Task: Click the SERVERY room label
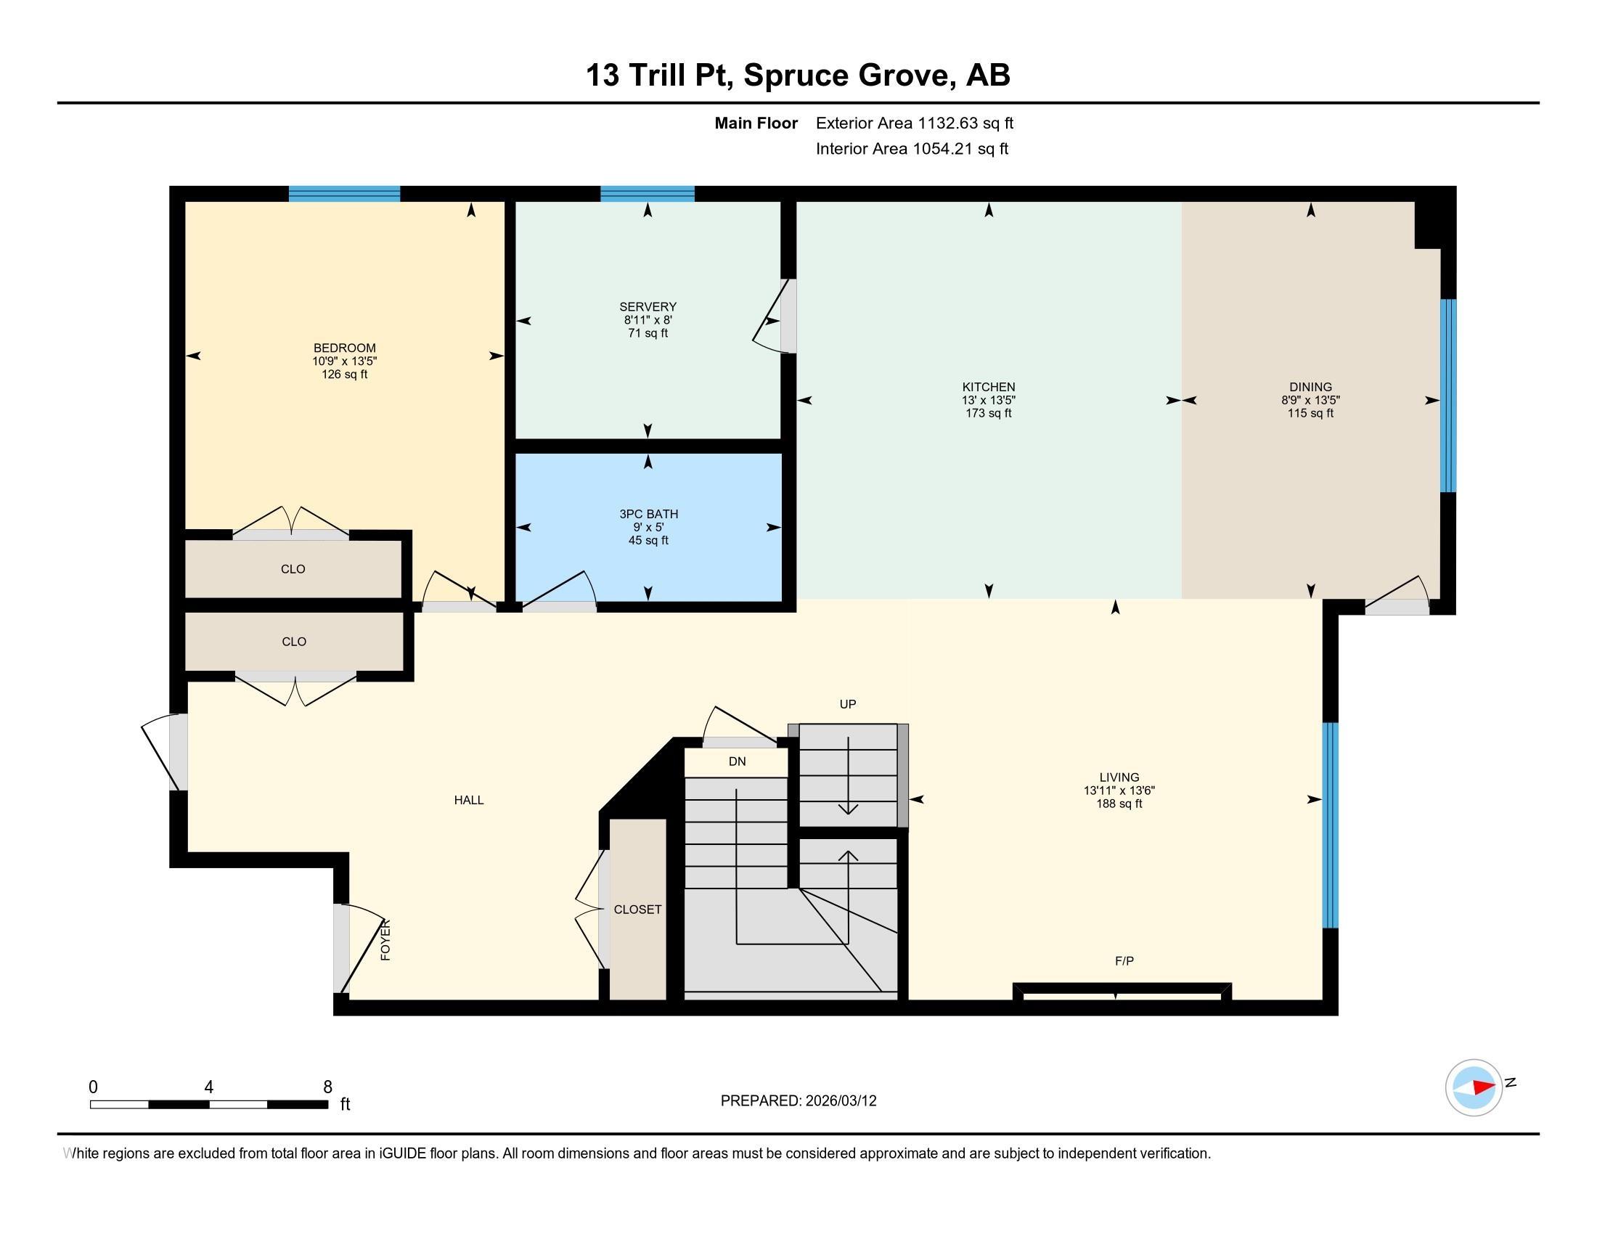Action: (647, 306)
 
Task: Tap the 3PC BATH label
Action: (648, 514)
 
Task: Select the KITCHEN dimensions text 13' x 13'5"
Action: (988, 400)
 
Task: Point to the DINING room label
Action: (1310, 387)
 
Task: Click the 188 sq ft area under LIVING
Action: (1118, 804)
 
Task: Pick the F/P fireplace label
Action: (1124, 960)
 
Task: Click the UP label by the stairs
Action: (846, 704)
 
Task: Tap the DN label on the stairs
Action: (736, 761)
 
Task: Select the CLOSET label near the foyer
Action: (637, 909)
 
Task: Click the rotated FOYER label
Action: (385, 939)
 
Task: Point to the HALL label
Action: (468, 800)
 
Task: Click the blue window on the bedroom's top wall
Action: (343, 194)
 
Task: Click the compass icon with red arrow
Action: (1474, 1087)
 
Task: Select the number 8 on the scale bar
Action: (327, 1087)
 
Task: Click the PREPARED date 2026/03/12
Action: (840, 1100)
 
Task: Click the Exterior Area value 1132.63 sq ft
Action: (965, 123)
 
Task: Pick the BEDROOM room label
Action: (343, 348)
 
